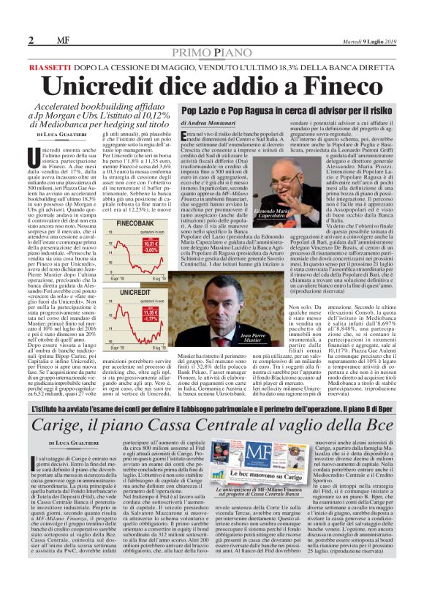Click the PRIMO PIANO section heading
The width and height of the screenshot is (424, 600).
(212, 52)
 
